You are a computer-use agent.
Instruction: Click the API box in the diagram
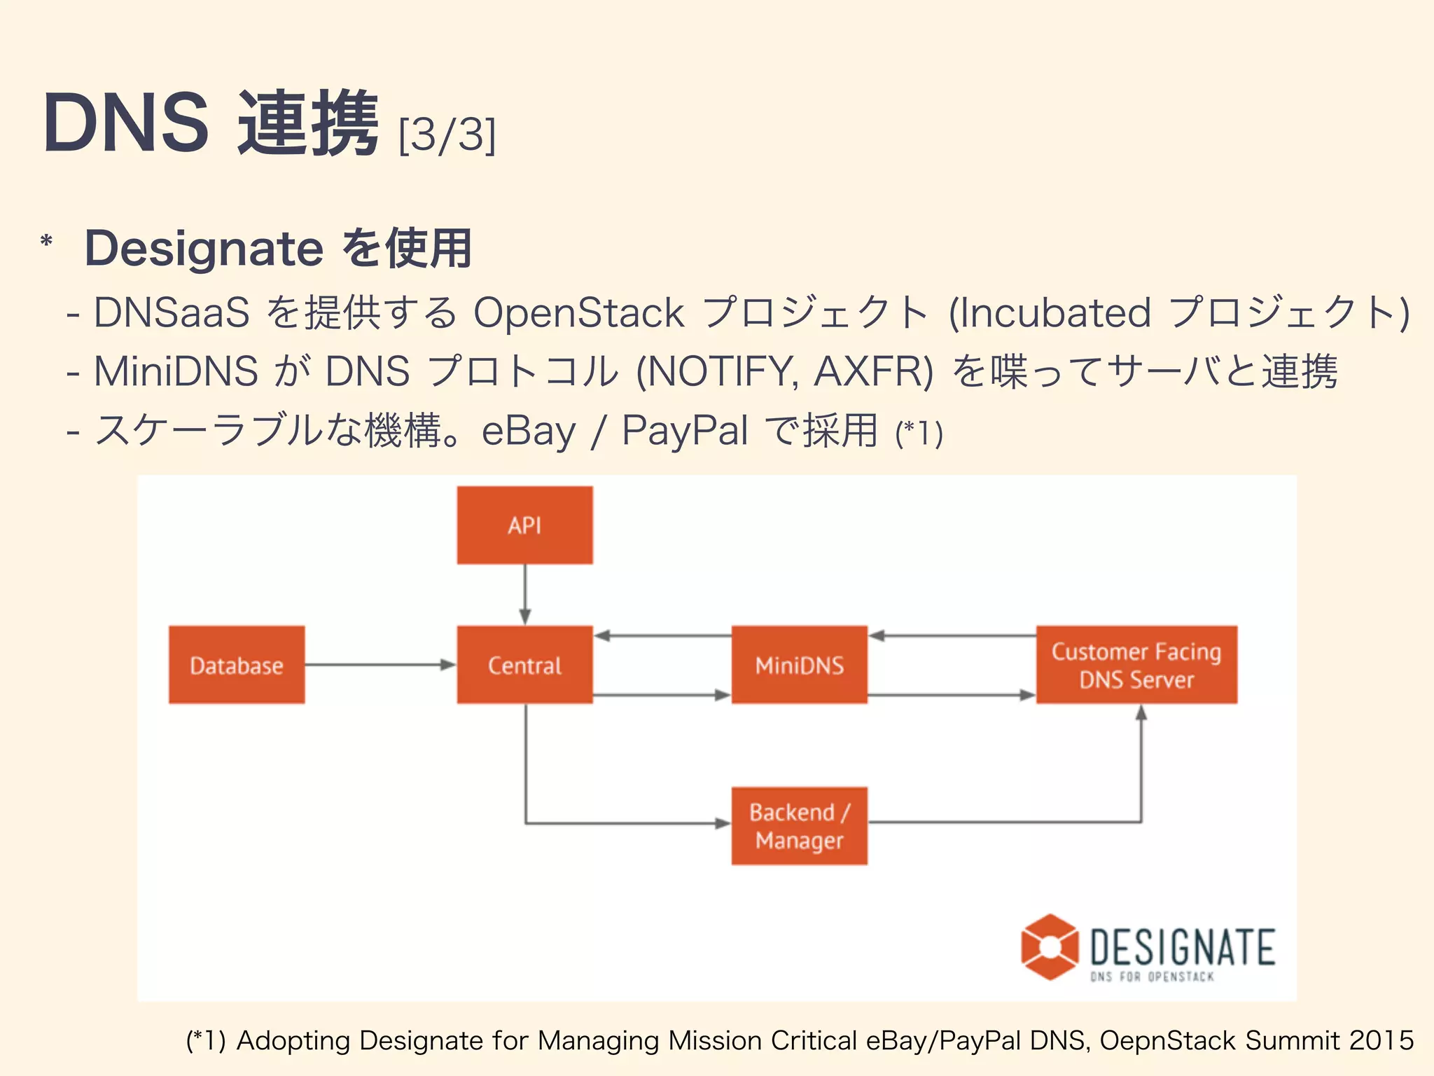(x=524, y=525)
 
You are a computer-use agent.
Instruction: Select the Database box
(x=237, y=665)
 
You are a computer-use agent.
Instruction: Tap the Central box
(x=524, y=665)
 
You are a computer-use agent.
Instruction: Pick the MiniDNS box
(x=799, y=665)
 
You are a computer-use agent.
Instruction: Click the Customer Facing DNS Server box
(x=1136, y=665)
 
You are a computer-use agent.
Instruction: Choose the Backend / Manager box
(x=799, y=826)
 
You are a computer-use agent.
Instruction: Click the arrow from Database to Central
(x=378, y=665)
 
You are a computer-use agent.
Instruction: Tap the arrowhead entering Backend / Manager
(x=722, y=824)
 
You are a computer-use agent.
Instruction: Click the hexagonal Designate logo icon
(x=1049, y=946)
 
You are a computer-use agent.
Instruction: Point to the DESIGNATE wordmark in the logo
(x=1182, y=947)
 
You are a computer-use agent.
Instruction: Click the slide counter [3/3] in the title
(x=447, y=134)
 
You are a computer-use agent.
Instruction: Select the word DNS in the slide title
(x=126, y=124)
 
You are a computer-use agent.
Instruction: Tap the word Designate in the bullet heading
(x=204, y=249)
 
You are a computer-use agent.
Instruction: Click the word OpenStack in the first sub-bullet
(x=578, y=312)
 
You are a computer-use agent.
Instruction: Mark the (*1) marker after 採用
(x=919, y=434)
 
